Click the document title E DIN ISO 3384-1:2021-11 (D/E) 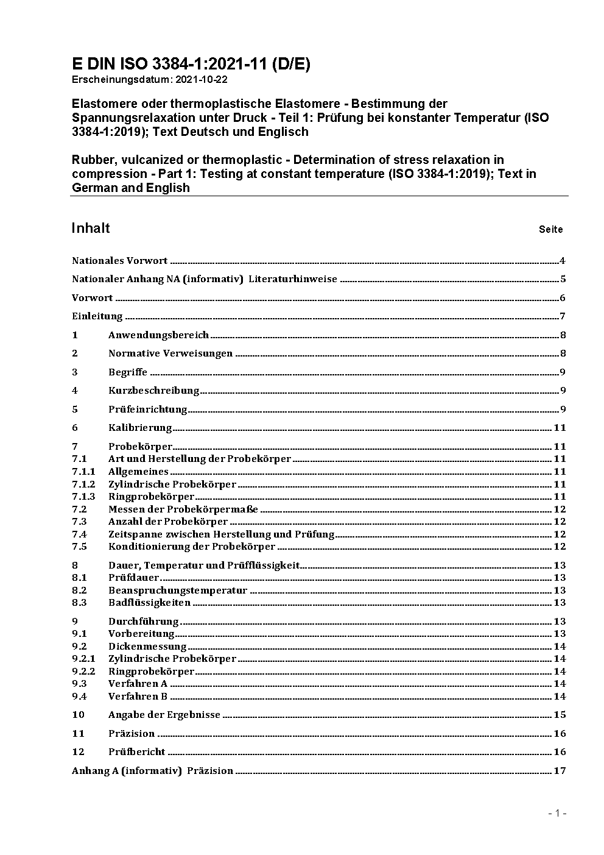click(191, 65)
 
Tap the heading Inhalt click(91, 228)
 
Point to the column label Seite click(550, 230)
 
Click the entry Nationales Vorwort click(119, 261)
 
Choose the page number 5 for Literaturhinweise click(563, 280)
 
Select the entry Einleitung click(97, 316)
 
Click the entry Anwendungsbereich click(158, 335)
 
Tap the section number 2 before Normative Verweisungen click(75, 353)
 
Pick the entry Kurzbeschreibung click(153, 391)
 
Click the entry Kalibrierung click(140, 428)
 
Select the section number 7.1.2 click(83, 484)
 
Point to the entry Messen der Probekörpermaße click(183, 509)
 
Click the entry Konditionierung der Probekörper click(191, 547)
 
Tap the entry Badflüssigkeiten click(149, 603)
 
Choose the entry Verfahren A click(138, 684)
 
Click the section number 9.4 click(79, 697)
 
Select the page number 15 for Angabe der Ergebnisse click(560, 715)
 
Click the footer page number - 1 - click(557, 813)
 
